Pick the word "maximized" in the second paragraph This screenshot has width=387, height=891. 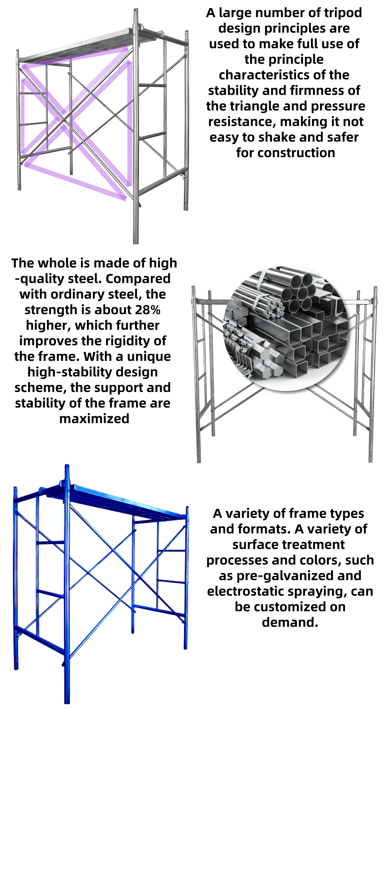(x=94, y=418)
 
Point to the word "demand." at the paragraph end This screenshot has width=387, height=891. (x=290, y=622)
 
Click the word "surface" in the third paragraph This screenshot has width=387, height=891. (x=254, y=544)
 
